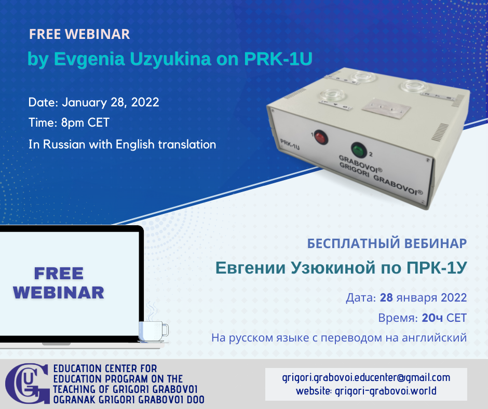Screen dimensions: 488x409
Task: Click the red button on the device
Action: [x=321, y=137]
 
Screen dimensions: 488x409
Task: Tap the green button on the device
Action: [x=359, y=149]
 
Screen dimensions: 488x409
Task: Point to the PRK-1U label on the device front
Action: [x=290, y=144]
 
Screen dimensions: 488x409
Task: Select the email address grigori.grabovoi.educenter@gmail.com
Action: [x=366, y=377]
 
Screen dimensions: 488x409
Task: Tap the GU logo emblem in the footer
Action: [x=28, y=383]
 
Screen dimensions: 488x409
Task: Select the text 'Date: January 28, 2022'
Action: [x=93, y=102]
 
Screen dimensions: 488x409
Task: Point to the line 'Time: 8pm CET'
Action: [x=69, y=122]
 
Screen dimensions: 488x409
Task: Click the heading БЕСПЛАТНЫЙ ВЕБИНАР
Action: [x=387, y=243]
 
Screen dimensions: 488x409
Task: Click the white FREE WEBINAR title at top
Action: [x=79, y=34]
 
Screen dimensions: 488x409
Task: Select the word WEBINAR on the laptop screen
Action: [x=59, y=293]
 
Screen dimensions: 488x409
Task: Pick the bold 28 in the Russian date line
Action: [x=386, y=297]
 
